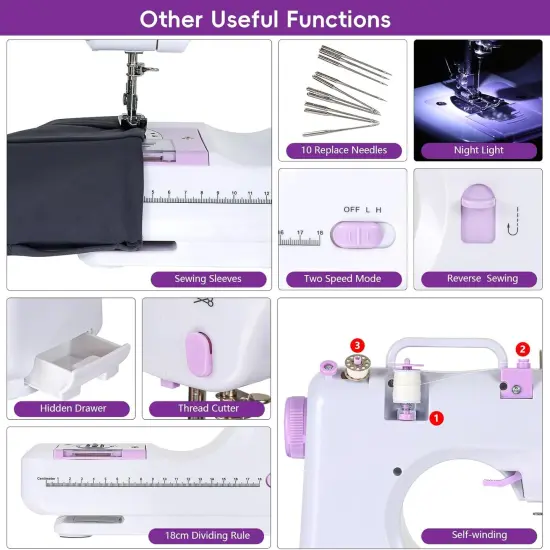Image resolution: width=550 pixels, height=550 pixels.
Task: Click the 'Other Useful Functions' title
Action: coord(265,19)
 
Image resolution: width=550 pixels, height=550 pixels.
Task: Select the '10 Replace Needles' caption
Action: coord(343,151)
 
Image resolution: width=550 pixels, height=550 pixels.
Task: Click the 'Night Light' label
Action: coord(478,151)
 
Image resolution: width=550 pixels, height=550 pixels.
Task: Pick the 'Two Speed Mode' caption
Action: coord(341,279)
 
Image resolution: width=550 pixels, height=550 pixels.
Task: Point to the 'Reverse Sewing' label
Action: coord(482,279)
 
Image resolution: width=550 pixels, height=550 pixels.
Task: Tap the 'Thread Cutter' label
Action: coord(208,408)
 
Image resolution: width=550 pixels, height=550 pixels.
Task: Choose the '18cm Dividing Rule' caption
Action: coord(206,535)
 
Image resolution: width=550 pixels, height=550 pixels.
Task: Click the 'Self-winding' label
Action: coord(481,535)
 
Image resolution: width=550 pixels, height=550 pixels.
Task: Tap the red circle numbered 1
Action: coord(436,417)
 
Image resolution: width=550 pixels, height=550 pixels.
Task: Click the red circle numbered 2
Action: coord(522,349)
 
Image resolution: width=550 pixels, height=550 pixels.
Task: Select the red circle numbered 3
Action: coord(357,345)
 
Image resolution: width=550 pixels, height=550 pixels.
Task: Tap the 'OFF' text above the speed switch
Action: coord(351,209)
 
